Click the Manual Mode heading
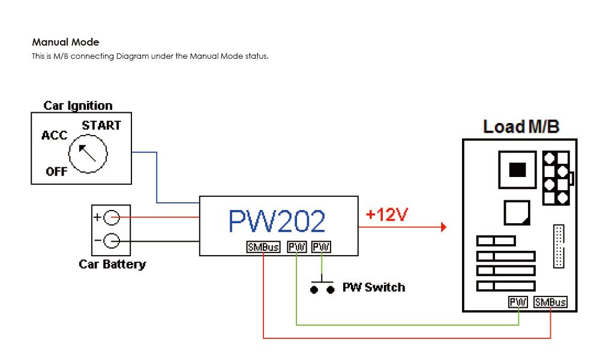pos(65,43)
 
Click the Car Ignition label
pos(78,106)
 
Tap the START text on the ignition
pos(101,125)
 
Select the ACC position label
pos(54,136)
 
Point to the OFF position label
pos(56,172)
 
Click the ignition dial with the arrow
pos(88,154)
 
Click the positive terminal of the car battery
pos(112,218)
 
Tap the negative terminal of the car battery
pos(112,241)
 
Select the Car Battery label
pos(112,264)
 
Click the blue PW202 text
pos(277,221)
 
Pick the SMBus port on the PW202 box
pos(263,247)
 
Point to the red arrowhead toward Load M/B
pos(443,227)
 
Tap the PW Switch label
pos(373,287)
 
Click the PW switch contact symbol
pos(322,287)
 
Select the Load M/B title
pos(521,127)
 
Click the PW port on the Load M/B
pos(518,302)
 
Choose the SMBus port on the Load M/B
pos(550,302)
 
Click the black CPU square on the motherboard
pos(517,170)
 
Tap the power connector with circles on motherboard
pos(556,178)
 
